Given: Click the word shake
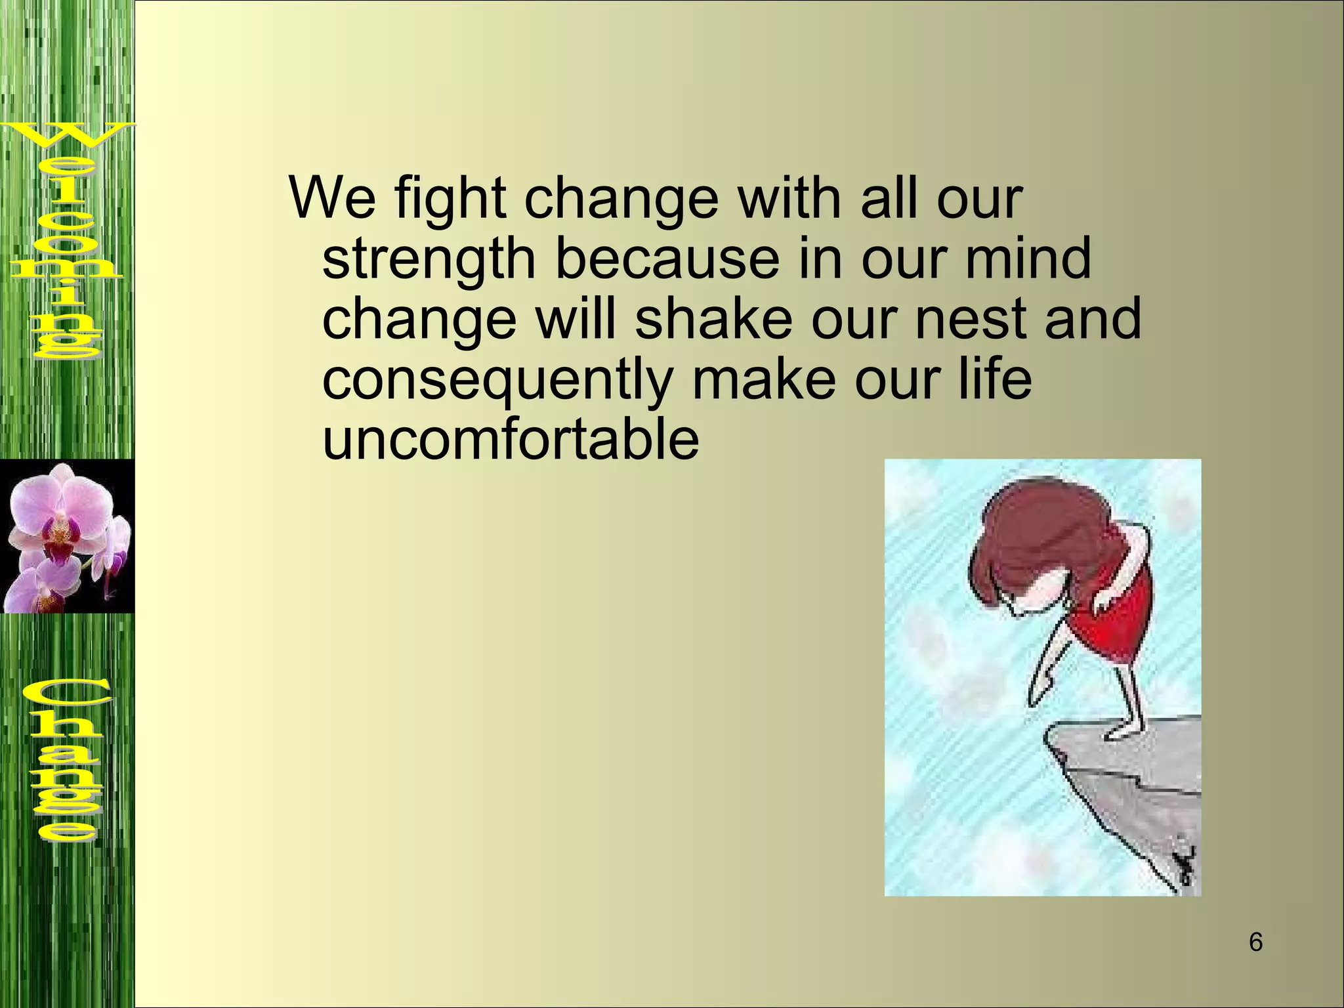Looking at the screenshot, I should (714, 318).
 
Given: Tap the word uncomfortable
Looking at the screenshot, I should (511, 440).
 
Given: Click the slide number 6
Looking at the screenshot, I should (1255, 943).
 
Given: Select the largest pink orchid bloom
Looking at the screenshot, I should (62, 509).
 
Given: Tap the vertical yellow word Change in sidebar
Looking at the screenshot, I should (66, 761).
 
